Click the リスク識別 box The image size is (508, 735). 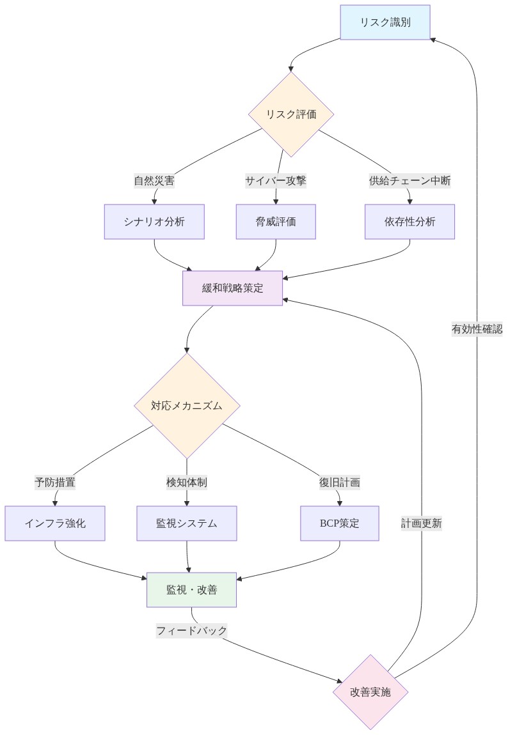click(x=385, y=22)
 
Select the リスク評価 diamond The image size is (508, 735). click(x=291, y=114)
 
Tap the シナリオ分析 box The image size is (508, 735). click(x=154, y=222)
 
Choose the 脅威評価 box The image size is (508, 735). click(x=276, y=222)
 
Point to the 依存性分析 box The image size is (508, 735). click(x=409, y=222)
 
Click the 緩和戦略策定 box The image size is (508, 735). click(x=232, y=288)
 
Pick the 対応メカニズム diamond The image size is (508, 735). click(x=187, y=406)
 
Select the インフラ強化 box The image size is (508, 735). click(x=55, y=523)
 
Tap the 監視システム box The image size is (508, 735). click(x=187, y=523)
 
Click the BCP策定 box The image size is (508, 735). click(x=339, y=523)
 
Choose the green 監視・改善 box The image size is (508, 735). click(x=192, y=590)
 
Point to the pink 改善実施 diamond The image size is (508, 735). click(x=370, y=692)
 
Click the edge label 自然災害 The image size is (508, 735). click(x=154, y=181)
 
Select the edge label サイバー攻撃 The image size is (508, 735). click(x=276, y=181)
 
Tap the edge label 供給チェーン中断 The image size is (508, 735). click(x=409, y=181)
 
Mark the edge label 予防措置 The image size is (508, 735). click(x=55, y=483)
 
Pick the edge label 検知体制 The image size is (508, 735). click(x=187, y=483)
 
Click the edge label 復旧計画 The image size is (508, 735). click(x=339, y=483)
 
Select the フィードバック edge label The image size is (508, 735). click(x=192, y=631)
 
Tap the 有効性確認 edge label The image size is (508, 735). click(x=477, y=329)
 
